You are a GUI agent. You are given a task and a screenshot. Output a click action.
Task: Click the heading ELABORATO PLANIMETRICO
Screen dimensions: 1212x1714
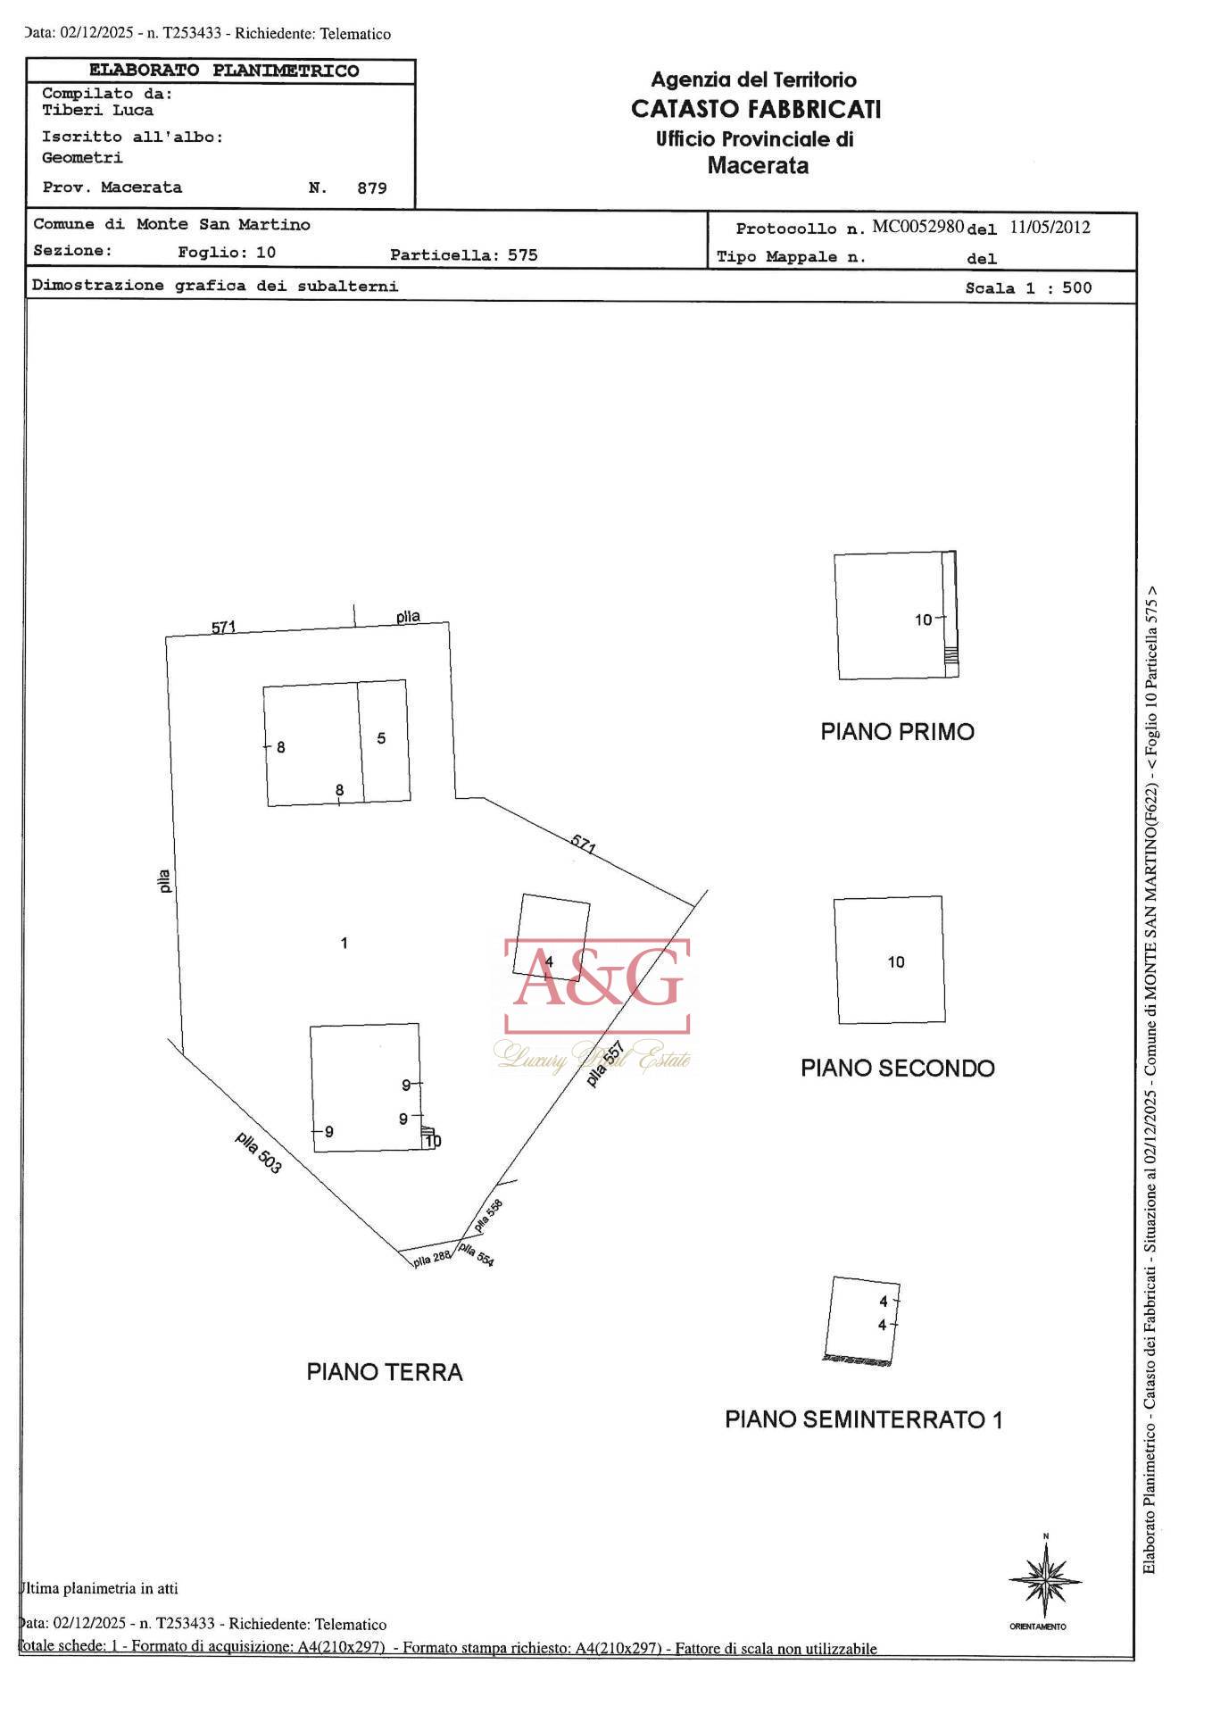coord(223,71)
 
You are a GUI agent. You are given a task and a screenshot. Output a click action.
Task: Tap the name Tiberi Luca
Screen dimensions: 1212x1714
coord(97,111)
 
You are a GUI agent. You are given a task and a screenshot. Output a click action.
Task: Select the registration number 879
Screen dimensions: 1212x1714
coord(371,188)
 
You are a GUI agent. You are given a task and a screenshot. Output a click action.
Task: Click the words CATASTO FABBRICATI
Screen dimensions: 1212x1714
coord(756,109)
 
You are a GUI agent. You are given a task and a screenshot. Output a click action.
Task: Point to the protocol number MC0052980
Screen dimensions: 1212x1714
coord(917,227)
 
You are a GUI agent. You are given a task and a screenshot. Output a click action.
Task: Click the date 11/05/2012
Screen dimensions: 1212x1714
coord(1050,227)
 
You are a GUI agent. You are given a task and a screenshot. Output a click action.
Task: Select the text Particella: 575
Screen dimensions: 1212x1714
coord(463,255)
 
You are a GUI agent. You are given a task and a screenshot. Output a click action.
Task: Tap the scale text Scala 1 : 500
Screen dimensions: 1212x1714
coord(1028,288)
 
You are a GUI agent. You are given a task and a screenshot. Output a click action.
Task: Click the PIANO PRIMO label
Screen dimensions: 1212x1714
coord(897,732)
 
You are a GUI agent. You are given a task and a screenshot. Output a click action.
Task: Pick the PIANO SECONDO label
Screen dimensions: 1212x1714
coord(897,1069)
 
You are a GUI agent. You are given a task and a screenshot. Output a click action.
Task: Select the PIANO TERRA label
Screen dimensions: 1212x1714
coord(385,1372)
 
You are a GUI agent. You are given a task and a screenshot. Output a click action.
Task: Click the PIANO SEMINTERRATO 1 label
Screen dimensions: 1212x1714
coord(863,1419)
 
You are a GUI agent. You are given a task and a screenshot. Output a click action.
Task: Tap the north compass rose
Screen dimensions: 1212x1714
coord(1044,1580)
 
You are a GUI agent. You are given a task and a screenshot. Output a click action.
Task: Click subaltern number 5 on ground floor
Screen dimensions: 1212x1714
coord(381,738)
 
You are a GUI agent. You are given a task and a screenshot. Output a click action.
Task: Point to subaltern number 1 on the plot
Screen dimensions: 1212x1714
coord(345,943)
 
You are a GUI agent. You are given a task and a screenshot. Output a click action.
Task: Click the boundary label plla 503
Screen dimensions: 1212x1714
coord(259,1152)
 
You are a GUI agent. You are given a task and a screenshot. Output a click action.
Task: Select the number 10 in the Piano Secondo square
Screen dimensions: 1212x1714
coord(895,962)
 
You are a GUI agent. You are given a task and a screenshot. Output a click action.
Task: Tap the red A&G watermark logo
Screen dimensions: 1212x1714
coord(597,985)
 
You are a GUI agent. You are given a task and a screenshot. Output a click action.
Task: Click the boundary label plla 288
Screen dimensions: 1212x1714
coord(432,1260)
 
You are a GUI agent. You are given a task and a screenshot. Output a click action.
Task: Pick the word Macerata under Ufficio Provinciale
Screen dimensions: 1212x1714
coord(758,166)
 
